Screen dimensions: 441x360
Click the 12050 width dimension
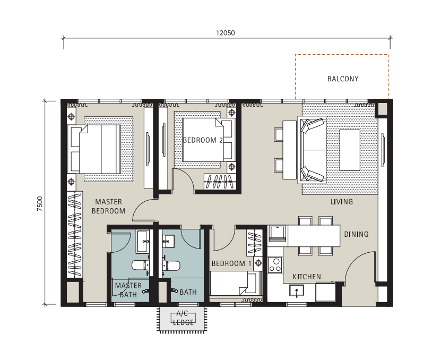[226, 33]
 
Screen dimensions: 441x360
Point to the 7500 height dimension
[40, 203]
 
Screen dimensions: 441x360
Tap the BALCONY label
[343, 79]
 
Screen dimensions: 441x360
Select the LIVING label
[341, 202]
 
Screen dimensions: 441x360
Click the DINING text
[356, 234]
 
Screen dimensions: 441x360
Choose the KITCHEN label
[307, 277]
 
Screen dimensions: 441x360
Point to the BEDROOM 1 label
[231, 264]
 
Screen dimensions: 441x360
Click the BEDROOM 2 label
[203, 140]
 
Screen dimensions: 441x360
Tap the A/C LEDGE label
[183, 318]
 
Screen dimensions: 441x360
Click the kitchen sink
[297, 291]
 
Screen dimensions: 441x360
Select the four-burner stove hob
[275, 265]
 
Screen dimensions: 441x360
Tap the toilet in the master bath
[141, 265]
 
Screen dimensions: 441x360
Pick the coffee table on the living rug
[350, 150]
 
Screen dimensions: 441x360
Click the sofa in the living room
[312, 150]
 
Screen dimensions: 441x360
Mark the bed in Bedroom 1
[236, 283]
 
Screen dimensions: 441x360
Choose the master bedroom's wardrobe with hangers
[74, 234]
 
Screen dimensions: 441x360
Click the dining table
[314, 236]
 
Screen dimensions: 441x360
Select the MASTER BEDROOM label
[109, 207]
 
